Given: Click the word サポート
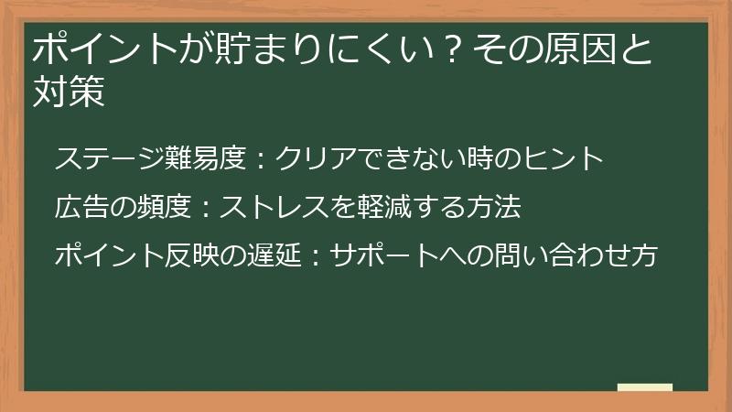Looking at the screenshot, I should [x=382, y=255].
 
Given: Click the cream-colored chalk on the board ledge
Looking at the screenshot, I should [x=644, y=387].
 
